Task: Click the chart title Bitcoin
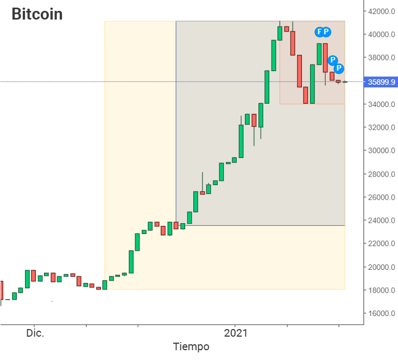[37, 14]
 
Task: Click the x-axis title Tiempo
[191, 346]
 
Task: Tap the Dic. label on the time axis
[34, 333]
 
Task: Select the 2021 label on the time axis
[236, 333]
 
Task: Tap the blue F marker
[319, 32]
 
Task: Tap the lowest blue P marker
[339, 68]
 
